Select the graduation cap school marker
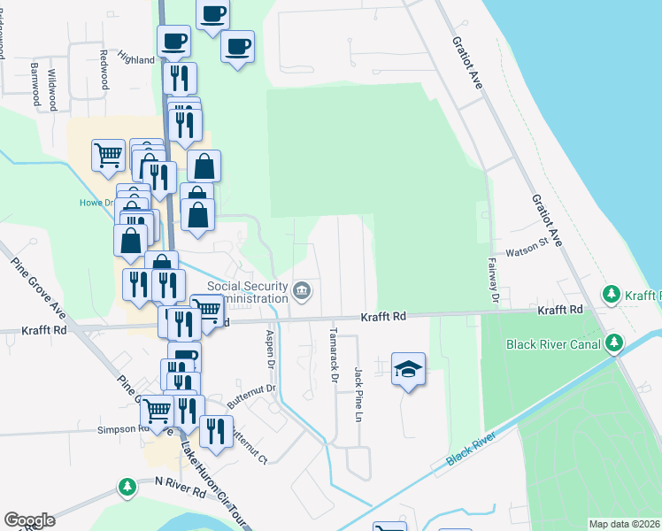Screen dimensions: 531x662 (x=409, y=368)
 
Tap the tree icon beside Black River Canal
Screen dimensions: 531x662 (x=614, y=342)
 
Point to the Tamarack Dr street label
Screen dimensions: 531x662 (x=334, y=356)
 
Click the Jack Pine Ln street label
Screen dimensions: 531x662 (x=358, y=394)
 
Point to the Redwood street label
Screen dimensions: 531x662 (x=104, y=68)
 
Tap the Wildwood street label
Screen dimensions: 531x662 (x=52, y=85)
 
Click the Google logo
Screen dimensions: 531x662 (x=29, y=520)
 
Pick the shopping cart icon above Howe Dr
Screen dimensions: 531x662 (x=108, y=155)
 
